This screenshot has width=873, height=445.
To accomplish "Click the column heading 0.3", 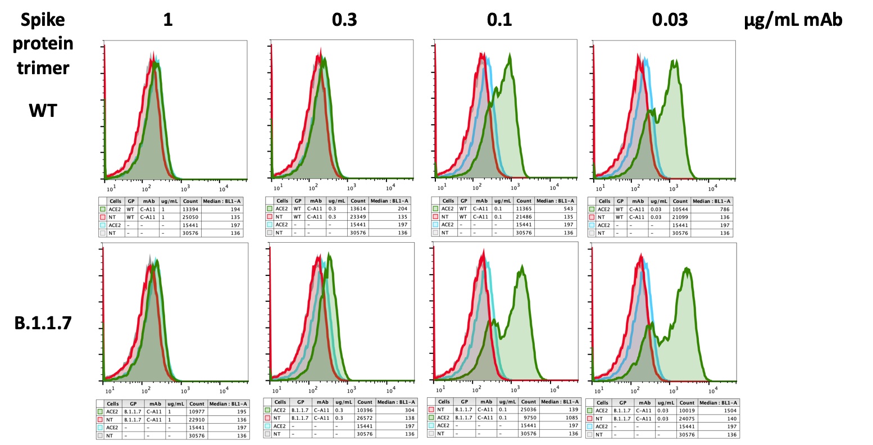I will (x=344, y=20).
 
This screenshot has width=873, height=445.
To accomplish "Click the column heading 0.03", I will (x=670, y=20).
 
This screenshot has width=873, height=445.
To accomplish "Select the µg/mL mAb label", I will (x=793, y=20).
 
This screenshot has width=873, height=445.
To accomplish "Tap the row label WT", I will (x=43, y=111).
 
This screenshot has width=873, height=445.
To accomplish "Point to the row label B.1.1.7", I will (x=43, y=323).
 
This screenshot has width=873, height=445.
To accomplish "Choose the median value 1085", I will (x=572, y=417).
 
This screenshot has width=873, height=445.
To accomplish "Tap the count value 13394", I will (x=190, y=209).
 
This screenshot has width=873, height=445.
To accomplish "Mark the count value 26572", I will (x=365, y=418).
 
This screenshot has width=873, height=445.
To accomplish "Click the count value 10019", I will (x=687, y=411).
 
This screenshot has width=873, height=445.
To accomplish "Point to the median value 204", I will (x=402, y=208).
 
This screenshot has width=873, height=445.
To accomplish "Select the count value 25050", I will (x=190, y=217).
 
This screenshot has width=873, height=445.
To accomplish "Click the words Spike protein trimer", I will (x=43, y=44).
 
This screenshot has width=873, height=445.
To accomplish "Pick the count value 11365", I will (x=524, y=208).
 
